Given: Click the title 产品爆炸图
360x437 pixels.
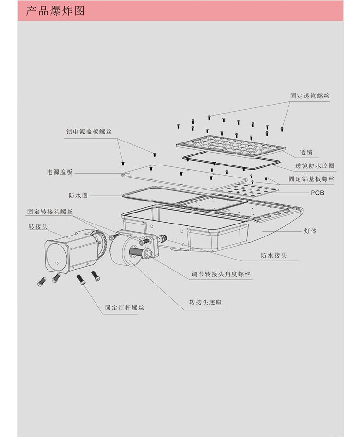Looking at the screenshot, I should tap(55, 11).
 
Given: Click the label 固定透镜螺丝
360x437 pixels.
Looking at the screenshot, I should tap(310, 95).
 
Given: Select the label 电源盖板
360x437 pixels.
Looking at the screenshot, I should tap(60, 172).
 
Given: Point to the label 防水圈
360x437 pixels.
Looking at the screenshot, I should tap(78, 196).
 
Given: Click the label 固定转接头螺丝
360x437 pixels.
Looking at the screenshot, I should tap(50, 212).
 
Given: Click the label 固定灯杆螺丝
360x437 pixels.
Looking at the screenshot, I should tap(124, 307).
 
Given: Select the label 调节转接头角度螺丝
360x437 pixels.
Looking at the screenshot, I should tap(221, 274).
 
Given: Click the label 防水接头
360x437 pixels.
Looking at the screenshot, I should tap(274, 256).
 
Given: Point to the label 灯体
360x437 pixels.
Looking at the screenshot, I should tap(310, 231).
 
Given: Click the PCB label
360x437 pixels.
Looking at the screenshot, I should tap(317, 193).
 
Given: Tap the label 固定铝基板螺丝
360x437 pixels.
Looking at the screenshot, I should tap(311, 179).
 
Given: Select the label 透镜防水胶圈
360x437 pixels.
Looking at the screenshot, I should tap(315, 166).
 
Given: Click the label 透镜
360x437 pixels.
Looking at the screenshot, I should tap(306, 152).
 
